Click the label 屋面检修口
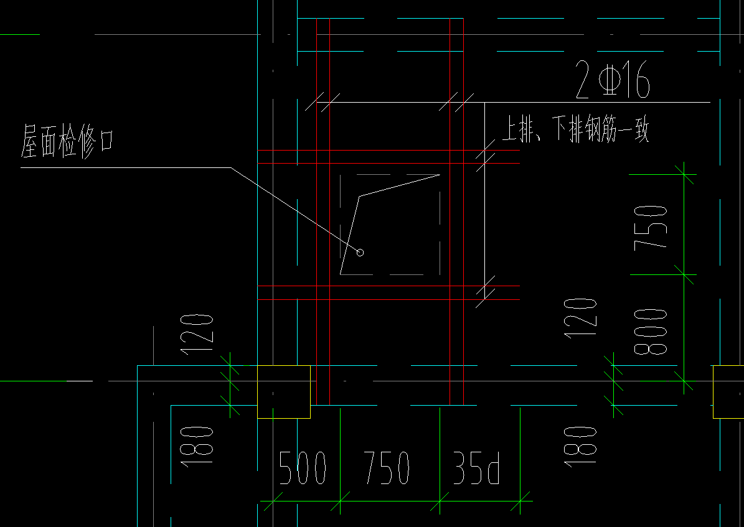pyautogui.click(x=67, y=141)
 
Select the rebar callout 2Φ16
pyautogui.click(x=612, y=80)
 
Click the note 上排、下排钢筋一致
pyautogui.click(x=575, y=128)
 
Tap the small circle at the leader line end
pyautogui.click(x=360, y=253)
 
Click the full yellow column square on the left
pyautogui.click(x=284, y=392)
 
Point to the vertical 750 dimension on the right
pyautogui.click(x=651, y=226)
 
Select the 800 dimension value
pyautogui.click(x=651, y=332)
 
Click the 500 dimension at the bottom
pyautogui.click(x=302, y=468)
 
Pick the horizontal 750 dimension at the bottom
pyautogui.click(x=386, y=468)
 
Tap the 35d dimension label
pyautogui.click(x=476, y=468)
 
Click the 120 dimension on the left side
pyautogui.click(x=197, y=334)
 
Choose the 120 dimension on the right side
pyautogui.click(x=580, y=319)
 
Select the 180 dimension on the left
pyautogui.click(x=197, y=446)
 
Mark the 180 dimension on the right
pyautogui.click(x=580, y=446)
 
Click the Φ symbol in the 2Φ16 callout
pyautogui.click(x=610, y=80)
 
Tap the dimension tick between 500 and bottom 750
pyautogui.click(x=340, y=501)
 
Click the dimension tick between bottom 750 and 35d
pyautogui.click(x=440, y=501)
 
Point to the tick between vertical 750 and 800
pyautogui.click(x=684, y=274)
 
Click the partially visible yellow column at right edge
pyautogui.click(x=728, y=392)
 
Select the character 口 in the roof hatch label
pyautogui.click(x=106, y=141)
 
